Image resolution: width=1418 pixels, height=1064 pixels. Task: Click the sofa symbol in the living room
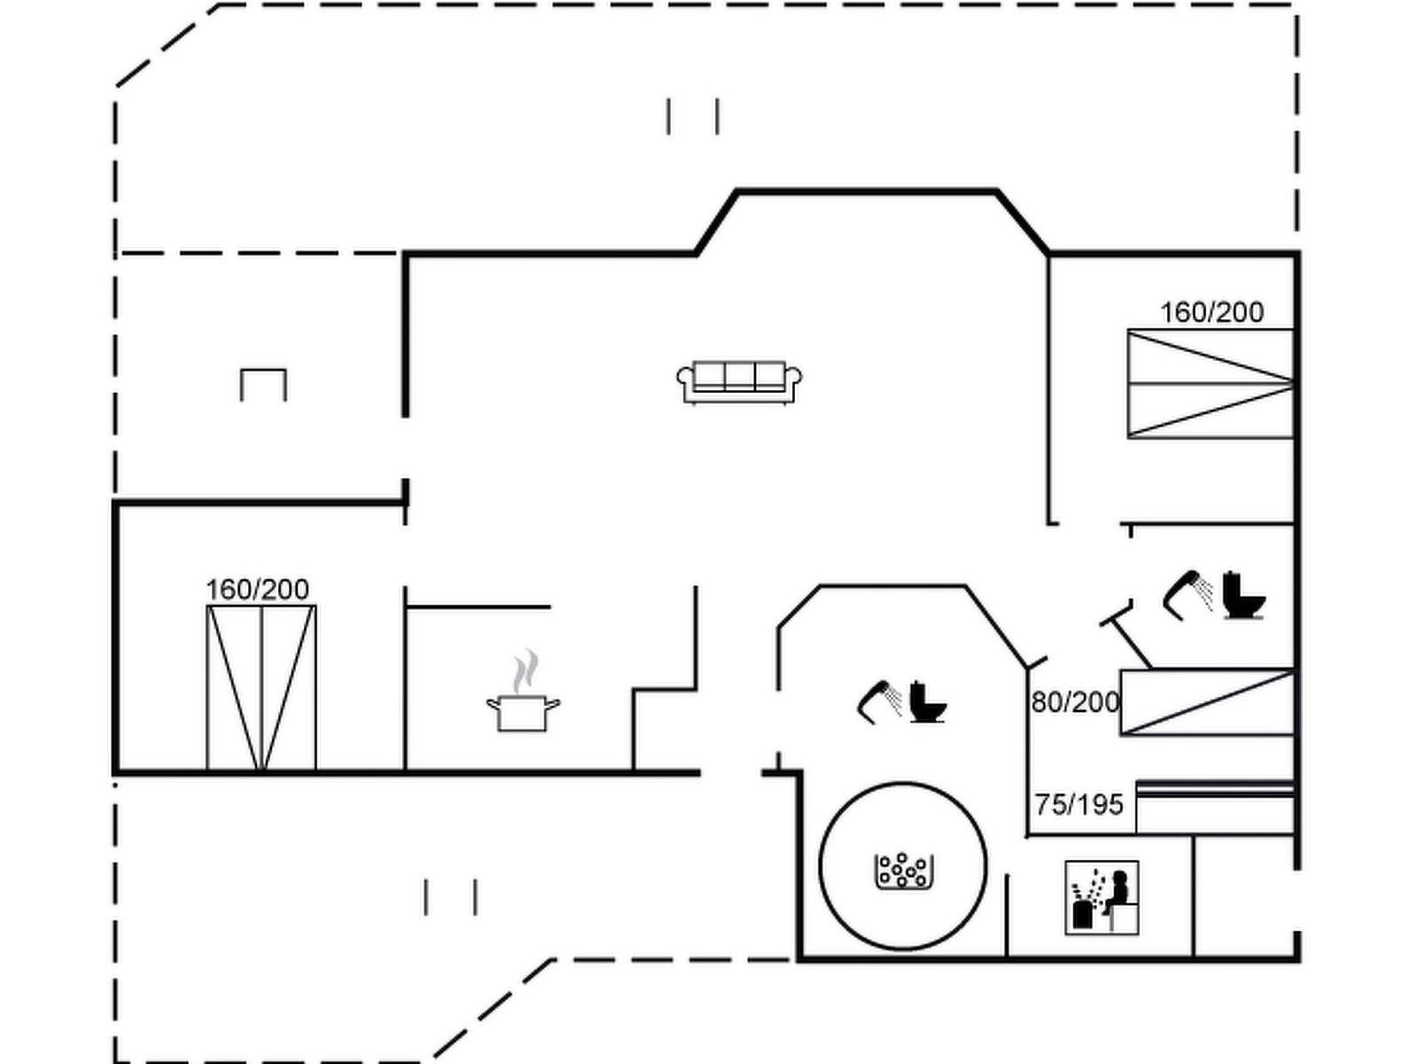click(739, 381)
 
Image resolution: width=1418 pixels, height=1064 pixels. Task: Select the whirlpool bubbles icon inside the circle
click(903, 870)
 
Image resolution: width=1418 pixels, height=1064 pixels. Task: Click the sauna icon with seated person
click(1102, 896)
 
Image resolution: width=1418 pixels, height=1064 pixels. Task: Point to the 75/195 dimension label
click(1079, 805)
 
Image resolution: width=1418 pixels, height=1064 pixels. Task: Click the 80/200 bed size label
click(1075, 702)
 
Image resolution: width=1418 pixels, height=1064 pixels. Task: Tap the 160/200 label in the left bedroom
click(257, 590)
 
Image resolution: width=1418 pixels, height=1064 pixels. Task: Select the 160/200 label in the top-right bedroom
click(1212, 312)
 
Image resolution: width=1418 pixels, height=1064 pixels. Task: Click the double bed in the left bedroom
click(261, 688)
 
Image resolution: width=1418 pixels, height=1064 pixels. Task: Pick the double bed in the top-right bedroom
click(1210, 383)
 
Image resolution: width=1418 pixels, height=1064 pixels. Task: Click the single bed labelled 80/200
click(1206, 702)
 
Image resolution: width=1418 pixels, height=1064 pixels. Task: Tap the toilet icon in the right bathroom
click(1243, 595)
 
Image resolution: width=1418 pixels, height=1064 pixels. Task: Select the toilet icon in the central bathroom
click(927, 701)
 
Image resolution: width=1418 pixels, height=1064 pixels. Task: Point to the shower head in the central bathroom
click(879, 700)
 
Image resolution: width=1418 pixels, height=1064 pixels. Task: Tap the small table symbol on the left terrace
click(263, 384)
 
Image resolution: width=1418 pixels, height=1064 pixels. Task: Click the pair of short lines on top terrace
click(692, 116)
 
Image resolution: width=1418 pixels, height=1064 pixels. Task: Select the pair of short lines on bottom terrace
click(450, 896)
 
